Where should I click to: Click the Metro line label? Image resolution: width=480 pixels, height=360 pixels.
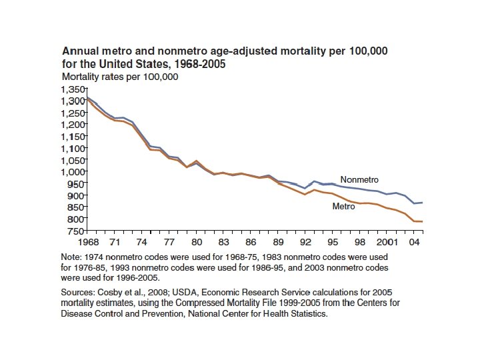[343, 207]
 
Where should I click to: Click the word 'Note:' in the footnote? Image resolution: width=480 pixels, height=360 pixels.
[72, 257]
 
